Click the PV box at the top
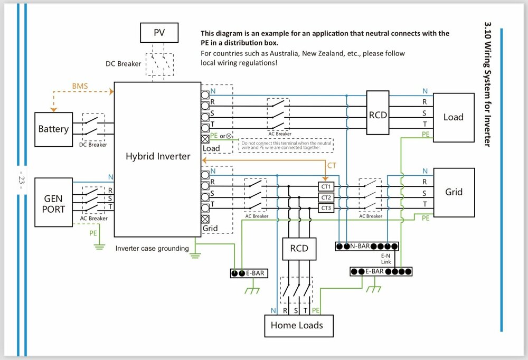click(159, 33)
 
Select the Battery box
click(53, 129)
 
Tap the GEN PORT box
click(53, 202)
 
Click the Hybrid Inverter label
click(158, 156)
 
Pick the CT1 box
click(326, 186)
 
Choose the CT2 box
click(326, 197)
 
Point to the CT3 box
click(326, 209)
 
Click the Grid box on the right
click(454, 192)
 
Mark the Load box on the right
click(453, 117)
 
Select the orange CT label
click(332, 166)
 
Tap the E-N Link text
click(386, 259)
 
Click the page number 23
click(21, 179)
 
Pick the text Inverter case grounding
click(152, 249)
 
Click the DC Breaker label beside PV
click(124, 64)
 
